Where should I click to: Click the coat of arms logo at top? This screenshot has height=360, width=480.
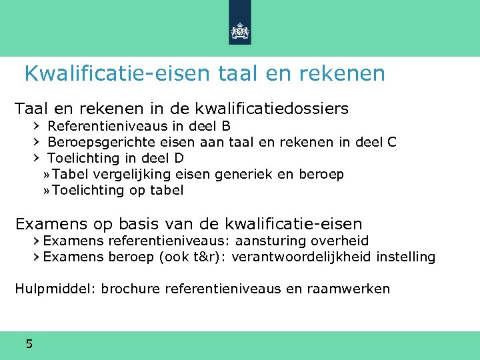(239, 30)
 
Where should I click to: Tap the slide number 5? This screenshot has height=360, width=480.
(29, 344)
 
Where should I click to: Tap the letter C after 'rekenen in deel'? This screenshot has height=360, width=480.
(391, 142)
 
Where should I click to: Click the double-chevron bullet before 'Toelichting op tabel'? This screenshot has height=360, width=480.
(46, 191)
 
